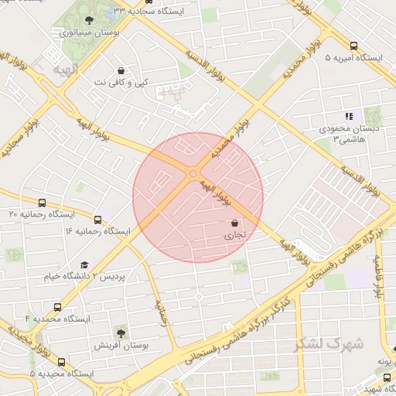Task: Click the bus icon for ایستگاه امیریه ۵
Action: click(353, 46)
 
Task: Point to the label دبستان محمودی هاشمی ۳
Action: click(351, 133)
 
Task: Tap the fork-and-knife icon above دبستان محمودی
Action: click(349, 116)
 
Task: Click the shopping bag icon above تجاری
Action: click(234, 223)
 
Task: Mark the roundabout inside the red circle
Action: click(193, 173)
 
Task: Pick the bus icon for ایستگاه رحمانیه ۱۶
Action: click(97, 220)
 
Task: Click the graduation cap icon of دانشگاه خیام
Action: click(84, 265)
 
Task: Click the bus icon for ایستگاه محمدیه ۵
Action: click(62, 362)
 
